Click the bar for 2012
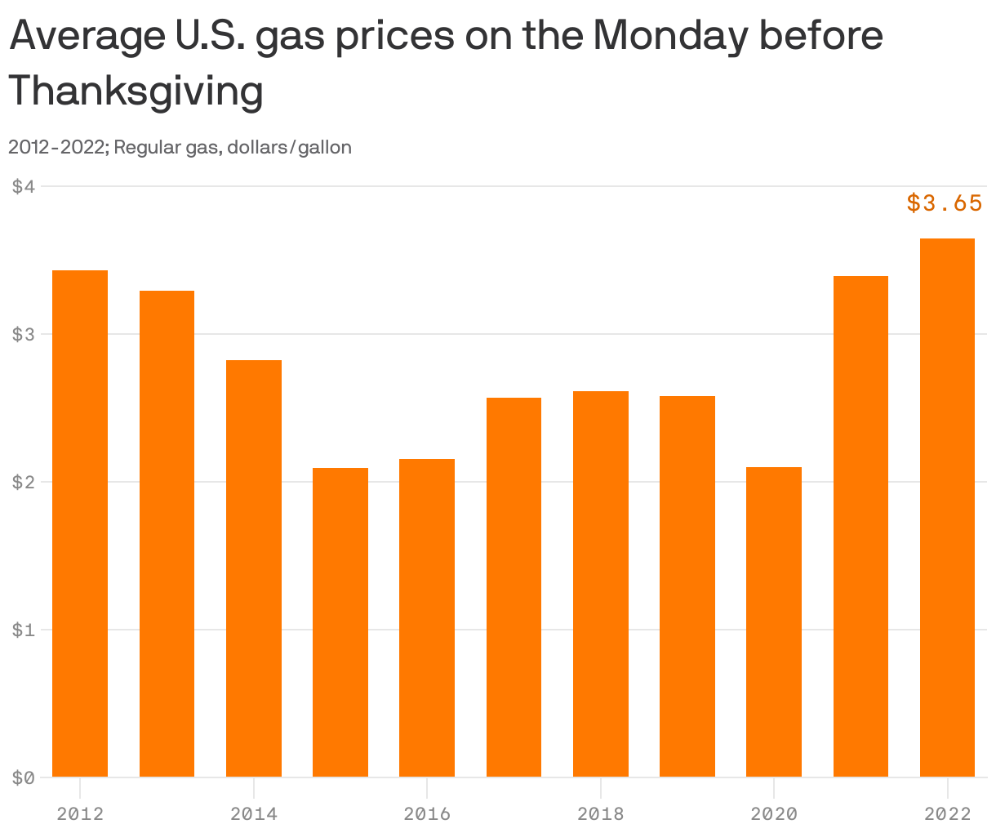80,523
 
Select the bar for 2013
167,533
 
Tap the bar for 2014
254,568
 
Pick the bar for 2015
340,622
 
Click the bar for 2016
427,617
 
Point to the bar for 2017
514,587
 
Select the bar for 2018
601,584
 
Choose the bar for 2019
687,586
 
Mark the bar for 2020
774,621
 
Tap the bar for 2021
860,527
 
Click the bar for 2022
947,507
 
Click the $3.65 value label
945,203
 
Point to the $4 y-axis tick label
24,186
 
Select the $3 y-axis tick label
24,334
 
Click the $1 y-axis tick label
24,630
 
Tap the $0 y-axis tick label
24,777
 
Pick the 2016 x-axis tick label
427,813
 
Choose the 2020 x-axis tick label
774,813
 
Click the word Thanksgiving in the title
136,91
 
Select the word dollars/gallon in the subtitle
289,148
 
